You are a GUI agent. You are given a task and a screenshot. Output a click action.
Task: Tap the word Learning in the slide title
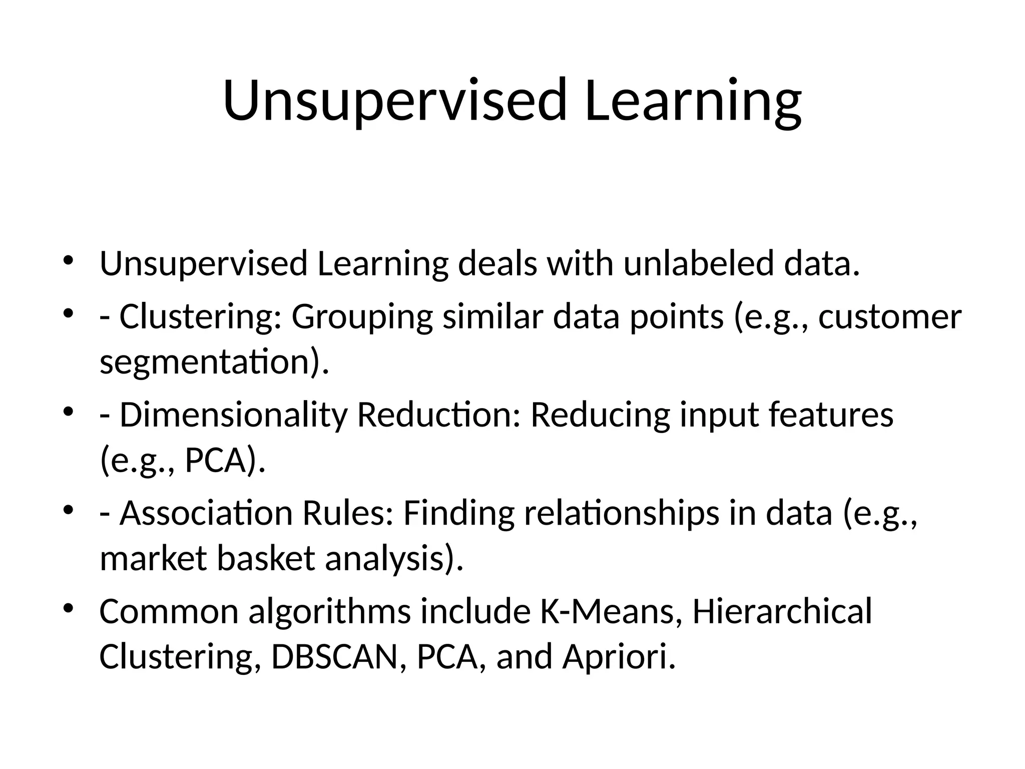(x=693, y=100)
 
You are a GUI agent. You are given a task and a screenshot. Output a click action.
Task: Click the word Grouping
(x=362, y=317)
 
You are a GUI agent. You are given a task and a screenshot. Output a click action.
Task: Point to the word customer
(x=889, y=317)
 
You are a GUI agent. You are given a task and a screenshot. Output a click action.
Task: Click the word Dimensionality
(x=233, y=415)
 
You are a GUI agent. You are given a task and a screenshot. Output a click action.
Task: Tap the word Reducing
(x=600, y=415)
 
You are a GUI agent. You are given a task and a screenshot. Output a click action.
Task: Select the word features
(x=831, y=415)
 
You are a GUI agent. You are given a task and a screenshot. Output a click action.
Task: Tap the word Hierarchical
(x=782, y=611)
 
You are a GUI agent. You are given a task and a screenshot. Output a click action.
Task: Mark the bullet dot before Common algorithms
(x=69, y=608)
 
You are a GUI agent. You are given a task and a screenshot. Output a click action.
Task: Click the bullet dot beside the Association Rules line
(x=69, y=510)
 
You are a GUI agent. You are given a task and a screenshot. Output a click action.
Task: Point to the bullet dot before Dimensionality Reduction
(x=69, y=412)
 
